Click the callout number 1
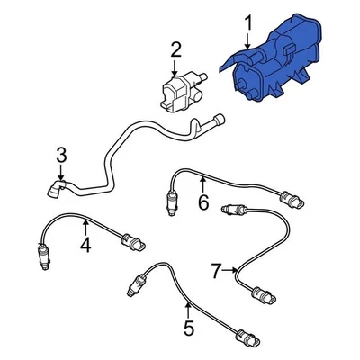(x=249, y=20)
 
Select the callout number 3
(x=61, y=155)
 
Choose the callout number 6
(x=203, y=203)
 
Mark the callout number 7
(x=216, y=269)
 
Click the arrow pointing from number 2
(x=176, y=67)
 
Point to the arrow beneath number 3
(x=61, y=171)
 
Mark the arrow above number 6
(x=203, y=184)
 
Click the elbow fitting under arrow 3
(x=56, y=187)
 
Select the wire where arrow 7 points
(x=240, y=269)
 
